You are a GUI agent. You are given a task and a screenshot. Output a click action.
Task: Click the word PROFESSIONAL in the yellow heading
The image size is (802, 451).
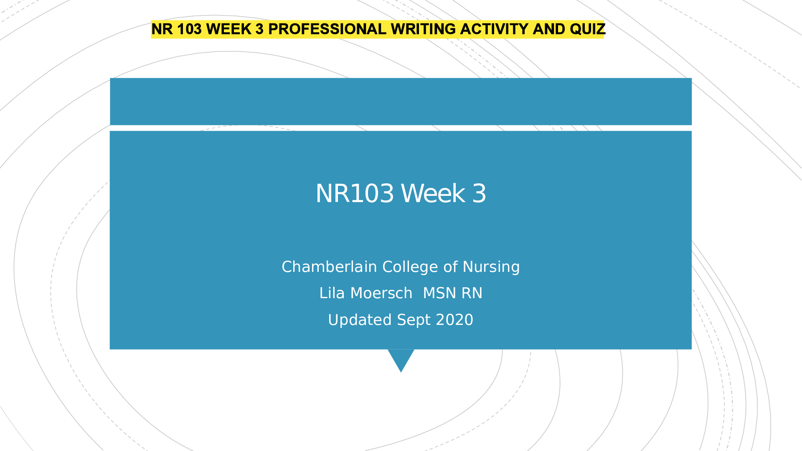327,29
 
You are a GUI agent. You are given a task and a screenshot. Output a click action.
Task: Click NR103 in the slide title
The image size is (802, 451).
355,193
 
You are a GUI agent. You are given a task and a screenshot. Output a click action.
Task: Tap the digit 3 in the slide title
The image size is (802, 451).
479,193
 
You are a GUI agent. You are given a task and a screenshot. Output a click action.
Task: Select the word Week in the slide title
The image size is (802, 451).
433,193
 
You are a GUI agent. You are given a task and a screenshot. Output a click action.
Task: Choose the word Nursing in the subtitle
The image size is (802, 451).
491,267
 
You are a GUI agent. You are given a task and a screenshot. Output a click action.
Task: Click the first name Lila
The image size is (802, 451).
332,293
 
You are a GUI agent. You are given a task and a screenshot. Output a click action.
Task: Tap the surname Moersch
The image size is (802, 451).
381,293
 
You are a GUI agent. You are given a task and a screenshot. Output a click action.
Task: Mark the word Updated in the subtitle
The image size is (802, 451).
360,320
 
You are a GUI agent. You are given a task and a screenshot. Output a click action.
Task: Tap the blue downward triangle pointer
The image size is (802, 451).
401,357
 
